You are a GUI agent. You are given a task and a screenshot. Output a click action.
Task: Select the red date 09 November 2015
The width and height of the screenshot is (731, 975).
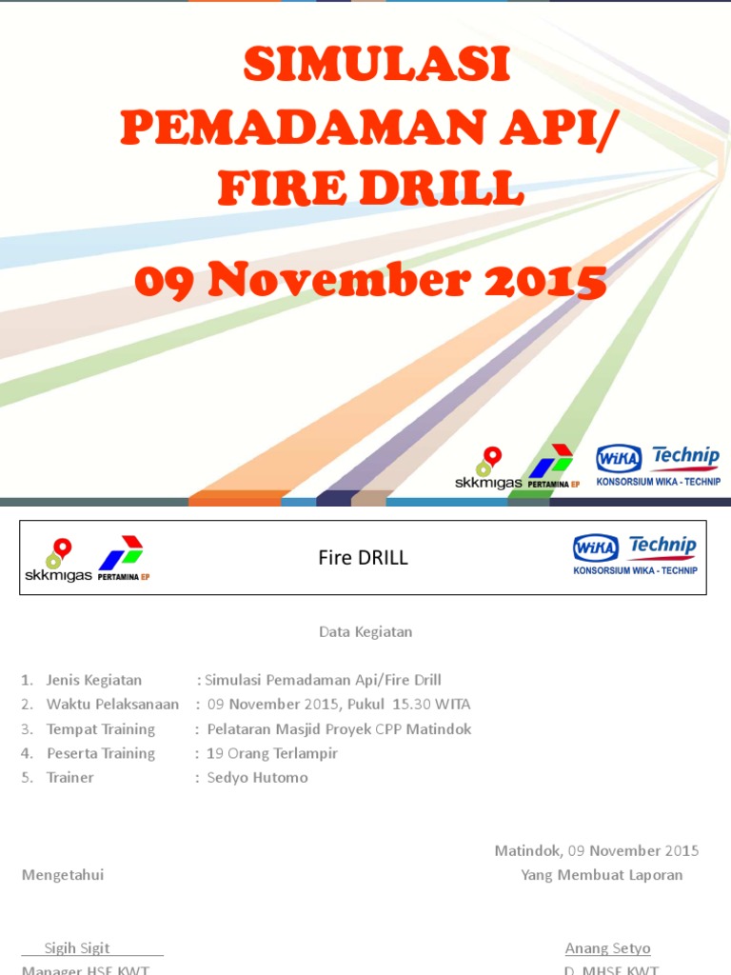coord(370,281)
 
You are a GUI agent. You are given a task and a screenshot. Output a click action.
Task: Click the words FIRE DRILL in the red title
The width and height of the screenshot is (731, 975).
coord(370,188)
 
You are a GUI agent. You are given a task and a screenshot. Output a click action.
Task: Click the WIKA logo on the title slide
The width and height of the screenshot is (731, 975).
coord(619,459)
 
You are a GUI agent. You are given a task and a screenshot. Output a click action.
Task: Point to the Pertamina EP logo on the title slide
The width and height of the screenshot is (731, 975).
coord(553,466)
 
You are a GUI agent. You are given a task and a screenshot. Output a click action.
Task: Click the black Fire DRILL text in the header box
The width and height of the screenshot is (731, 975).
coord(363,559)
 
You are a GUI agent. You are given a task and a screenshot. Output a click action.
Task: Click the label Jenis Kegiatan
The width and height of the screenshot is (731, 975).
coord(93,680)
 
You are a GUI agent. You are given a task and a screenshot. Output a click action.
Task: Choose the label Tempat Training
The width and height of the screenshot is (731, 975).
coord(100,729)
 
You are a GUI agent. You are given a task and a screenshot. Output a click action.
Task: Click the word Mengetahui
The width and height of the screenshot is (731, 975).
coord(63,875)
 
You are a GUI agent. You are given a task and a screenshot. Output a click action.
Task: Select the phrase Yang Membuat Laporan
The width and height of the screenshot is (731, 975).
coord(602,875)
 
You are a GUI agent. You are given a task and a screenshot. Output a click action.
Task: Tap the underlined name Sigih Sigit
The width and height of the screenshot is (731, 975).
coord(77,948)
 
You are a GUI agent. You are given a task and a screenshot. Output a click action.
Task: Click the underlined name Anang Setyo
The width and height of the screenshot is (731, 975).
coord(608,948)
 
